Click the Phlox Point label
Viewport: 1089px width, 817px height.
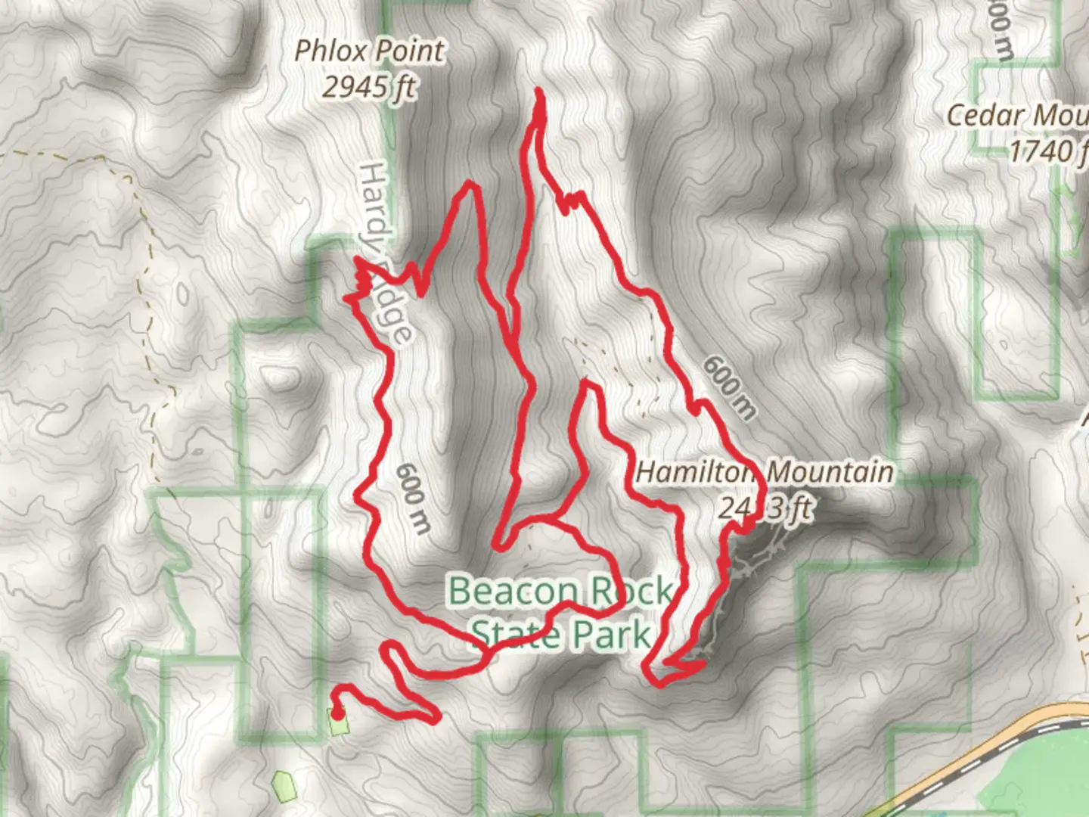(x=369, y=51)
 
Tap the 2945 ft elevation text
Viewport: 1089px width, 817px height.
(x=368, y=87)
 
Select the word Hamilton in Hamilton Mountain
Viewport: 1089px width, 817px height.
(x=694, y=472)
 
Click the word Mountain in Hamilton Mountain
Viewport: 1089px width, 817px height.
(x=830, y=472)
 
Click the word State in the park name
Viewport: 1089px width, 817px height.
(x=513, y=634)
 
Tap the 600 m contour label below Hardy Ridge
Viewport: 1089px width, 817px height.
(x=413, y=499)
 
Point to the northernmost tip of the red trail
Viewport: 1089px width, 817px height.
(x=539, y=92)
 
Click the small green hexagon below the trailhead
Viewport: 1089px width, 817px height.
(x=282, y=786)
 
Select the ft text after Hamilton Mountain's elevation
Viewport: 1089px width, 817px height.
(x=799, y=508)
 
